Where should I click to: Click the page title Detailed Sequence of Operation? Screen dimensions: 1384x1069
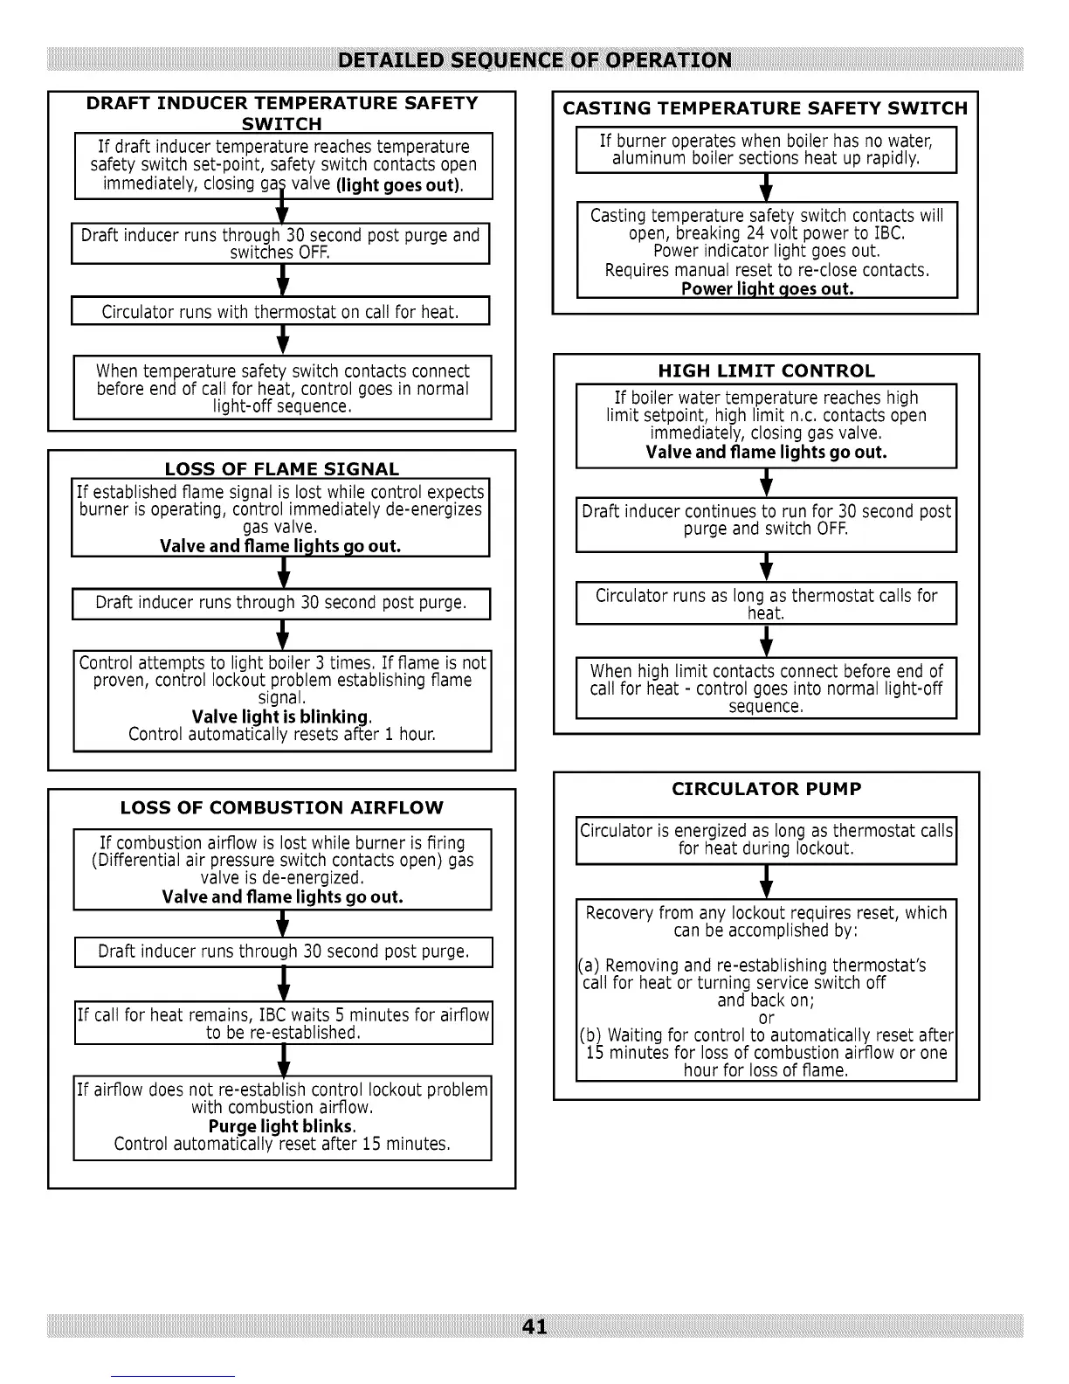[534, 60]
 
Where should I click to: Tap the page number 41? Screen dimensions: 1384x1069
[534, 1326]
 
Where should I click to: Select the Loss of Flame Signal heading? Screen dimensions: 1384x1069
[281, 469]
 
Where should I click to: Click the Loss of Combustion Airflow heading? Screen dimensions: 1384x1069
[281, 807]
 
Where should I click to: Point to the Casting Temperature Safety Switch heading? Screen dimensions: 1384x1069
[765, 108]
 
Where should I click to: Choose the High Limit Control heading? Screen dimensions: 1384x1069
[766, 370]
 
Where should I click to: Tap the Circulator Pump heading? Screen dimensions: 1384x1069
[766, 789]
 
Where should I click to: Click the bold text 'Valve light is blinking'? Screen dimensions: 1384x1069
[281, 716]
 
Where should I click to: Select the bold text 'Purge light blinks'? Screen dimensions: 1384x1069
[281, 1126]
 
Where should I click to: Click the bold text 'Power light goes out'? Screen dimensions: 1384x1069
[767, 288]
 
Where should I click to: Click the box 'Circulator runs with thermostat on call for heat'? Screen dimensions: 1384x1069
[280, 312]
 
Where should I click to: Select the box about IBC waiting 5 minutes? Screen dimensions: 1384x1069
[283, 1023]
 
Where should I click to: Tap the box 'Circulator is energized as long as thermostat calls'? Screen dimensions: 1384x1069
[766, 840]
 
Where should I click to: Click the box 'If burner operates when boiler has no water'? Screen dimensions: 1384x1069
[766, 149]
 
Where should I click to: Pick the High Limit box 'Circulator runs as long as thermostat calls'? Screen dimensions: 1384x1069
[766, 604]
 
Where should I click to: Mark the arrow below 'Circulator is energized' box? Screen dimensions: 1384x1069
[766, 882]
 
